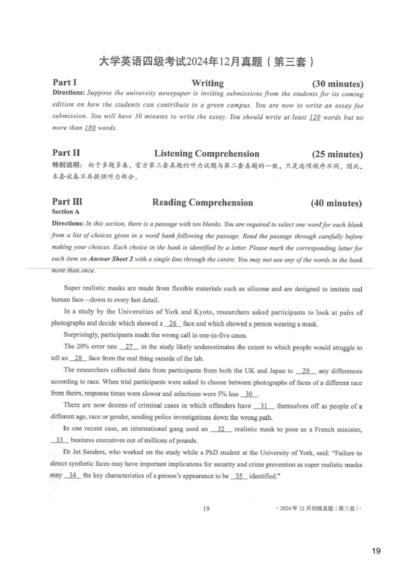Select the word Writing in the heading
click(x=207, y=83)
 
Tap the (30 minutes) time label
click(x=337, y=84)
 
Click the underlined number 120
click(x=314, y=117)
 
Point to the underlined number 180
click(x=90, y=128)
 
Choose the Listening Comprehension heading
click(x=206, y=154)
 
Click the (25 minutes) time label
click(x=337, y=154)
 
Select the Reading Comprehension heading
click(x=202, y=203)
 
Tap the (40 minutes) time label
click(x=336, y=203)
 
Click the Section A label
click(x=65, y=212)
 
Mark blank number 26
click(x=172, y=323)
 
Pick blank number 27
click(x=129, y=347)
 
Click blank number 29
click(x=306, y=371)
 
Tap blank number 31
click(x=264, y=406)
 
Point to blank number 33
click(x=59, y=440)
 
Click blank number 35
click(x=238, y=476)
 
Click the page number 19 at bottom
click(x=206, y=509)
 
